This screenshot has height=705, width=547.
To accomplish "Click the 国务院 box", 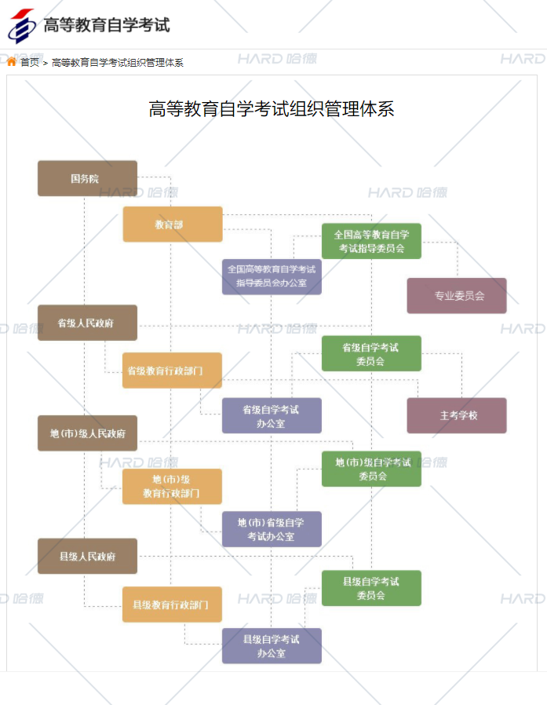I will pos(87,178).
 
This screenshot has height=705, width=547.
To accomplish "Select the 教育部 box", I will pos(173,225).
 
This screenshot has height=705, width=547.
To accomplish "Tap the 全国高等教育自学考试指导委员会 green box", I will pos(371,241).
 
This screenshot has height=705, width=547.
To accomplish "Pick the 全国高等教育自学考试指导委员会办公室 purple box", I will pos(272,276).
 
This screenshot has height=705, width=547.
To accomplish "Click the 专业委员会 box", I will pos(457,296).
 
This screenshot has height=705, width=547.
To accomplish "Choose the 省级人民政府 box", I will pos(87,323).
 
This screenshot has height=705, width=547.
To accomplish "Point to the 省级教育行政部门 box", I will pos(173,371).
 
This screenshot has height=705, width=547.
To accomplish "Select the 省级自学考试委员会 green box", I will pos(371,353).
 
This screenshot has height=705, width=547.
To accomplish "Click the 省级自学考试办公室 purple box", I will pos(272,415).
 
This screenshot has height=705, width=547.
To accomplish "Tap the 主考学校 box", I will pos(457,415).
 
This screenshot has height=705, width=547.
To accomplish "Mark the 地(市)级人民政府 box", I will pos(87,433).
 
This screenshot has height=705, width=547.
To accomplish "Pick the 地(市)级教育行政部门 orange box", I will pos(173,486).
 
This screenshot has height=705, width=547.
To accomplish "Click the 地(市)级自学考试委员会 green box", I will pos(371,469).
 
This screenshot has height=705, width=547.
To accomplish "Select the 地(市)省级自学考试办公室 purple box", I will pos(272,529).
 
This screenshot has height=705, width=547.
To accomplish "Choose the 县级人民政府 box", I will pos(87,556).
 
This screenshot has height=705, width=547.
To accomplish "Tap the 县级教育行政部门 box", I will pos(173,605).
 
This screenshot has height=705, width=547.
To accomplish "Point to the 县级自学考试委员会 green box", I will pos(371,588).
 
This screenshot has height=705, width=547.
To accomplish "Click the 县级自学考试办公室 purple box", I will pos(272,646).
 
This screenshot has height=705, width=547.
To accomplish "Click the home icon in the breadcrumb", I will pos(12,62).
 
